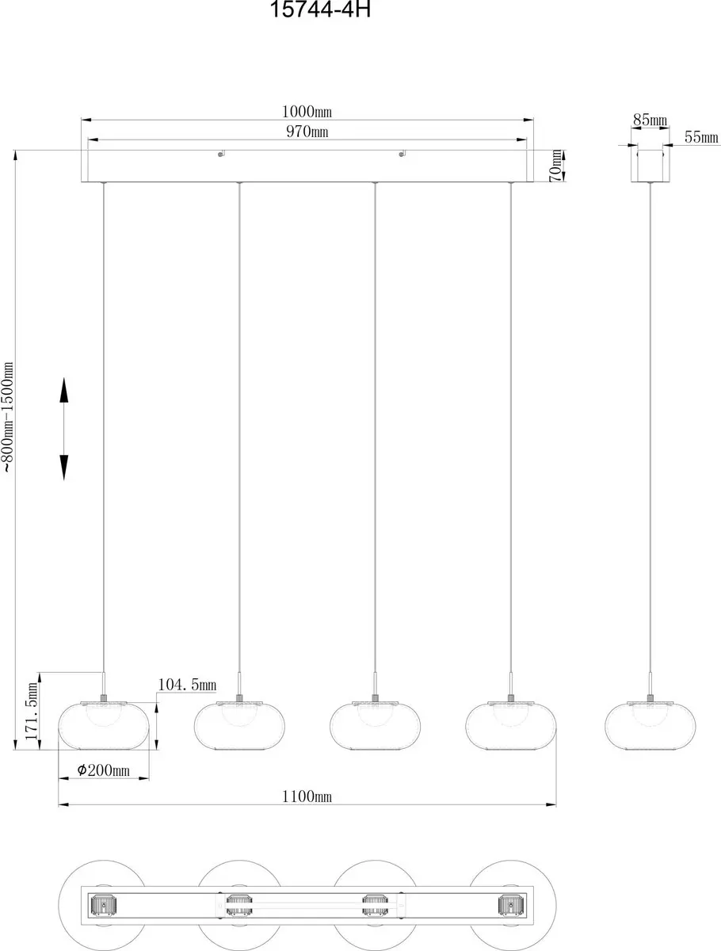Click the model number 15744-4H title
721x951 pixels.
[x=320, y=9]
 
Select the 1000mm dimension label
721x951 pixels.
[x=307, y=112]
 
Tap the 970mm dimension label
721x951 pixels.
[x=307, y=132]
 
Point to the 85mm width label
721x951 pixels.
[x=650, y=120]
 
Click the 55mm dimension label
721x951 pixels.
[x=701, y=137]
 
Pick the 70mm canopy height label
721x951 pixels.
[x=556, y=166]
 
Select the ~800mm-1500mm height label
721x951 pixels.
[x=8, y=417]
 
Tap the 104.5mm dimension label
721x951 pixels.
[x=187, y=685]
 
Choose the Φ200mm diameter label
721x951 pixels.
[x=103, y=770]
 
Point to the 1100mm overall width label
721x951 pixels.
[x=307, y=796]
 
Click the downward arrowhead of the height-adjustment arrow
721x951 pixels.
[x=64, y=468]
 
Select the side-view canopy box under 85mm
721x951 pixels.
[x=650, y=166]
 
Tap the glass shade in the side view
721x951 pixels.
[x=650, y=726]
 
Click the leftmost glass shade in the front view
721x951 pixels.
[x=104, y=726]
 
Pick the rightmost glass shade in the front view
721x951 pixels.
[x=510, y=726]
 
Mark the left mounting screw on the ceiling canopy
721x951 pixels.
[x=221, y=154]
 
